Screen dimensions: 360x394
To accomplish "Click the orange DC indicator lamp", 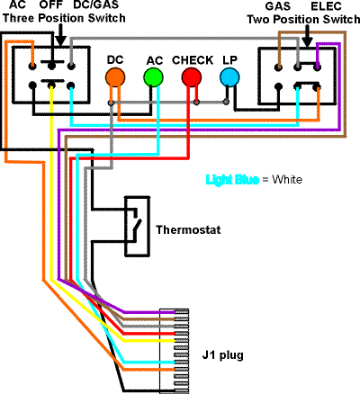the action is pyautogui.click(x=115, y=77).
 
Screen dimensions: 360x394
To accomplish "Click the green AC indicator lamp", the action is pyautogui.click(x=153, y=77).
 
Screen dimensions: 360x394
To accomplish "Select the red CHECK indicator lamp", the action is pyautogui.click(x=192, y=77).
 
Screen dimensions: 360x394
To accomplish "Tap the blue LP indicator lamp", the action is pyautogui.click(x=229, y=77).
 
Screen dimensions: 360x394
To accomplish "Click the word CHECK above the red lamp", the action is pyautogui.click(x=193, y=60).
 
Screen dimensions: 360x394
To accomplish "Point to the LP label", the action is pyautogui.click(x=229, y=60).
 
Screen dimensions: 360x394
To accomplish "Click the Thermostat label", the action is pyautogui.click(x=188, y=229).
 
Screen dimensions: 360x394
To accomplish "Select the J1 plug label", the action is pyautogui.click(x=222, y=355).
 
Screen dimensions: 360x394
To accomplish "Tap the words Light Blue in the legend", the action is pyautogui.click(x=232, y=180).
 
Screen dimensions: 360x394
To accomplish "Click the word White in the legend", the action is pyautogui.click(x=287, y=180).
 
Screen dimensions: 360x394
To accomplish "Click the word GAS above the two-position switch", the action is pyautogui.click(x=278, y=6).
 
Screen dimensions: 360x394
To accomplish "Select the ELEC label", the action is pyautogui.click(x=326, y=6).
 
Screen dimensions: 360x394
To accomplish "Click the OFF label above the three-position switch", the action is pyautogui.click(x=51, y=4).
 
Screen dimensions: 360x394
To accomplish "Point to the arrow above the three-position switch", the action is pyautogui.click(x=61, y=35).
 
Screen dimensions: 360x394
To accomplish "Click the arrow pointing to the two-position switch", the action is pyautogui.click(x=308, y=36).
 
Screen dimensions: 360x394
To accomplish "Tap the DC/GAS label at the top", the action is pyautogui.click(x=96, y=4).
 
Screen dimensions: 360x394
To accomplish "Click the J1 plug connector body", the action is pyautogui.click(x=174, y=351).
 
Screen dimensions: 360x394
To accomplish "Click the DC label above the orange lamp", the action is pyautogui.click(x=115, y=59).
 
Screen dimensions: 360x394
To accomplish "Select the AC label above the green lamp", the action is pyautogui.click(x=155, y=60).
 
